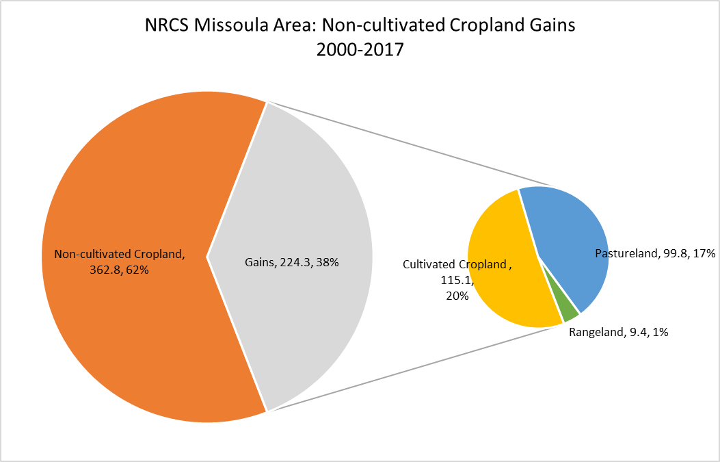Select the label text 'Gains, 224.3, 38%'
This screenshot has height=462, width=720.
[291, 263]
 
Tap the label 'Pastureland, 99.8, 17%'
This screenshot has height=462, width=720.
[655, 253]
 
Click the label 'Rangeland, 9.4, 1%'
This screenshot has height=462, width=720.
[619, 332]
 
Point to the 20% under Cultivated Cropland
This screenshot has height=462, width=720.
[457, 296]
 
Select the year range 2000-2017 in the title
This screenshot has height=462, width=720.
[360, 49]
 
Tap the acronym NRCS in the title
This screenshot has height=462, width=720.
[167, 25]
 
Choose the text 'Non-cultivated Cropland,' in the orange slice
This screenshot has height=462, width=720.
[120, 254]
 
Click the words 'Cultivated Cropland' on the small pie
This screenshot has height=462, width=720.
[455, 264]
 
